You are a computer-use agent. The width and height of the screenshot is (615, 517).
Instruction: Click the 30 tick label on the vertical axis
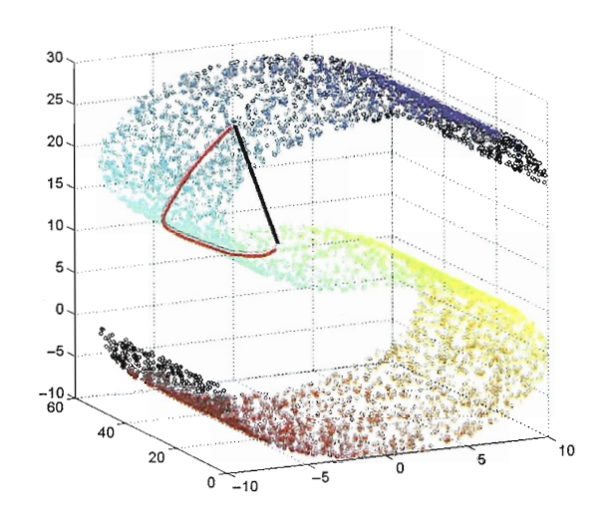click(56, 59)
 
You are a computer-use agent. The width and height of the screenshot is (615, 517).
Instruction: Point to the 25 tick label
click(56, 101)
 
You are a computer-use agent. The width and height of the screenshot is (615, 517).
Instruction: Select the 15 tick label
click(56, 185)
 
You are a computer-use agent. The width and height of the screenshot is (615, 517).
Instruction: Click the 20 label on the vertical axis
click(56, 143)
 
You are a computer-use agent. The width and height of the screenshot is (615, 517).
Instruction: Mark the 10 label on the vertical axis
click(56, 227)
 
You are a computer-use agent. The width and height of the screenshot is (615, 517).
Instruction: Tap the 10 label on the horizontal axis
click(565, 450)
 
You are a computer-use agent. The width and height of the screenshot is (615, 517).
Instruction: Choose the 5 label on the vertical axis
click(60, 269)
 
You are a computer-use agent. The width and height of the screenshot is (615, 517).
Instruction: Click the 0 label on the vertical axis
click(60, 312)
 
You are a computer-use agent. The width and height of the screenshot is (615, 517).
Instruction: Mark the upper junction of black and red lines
click(234, 127)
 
